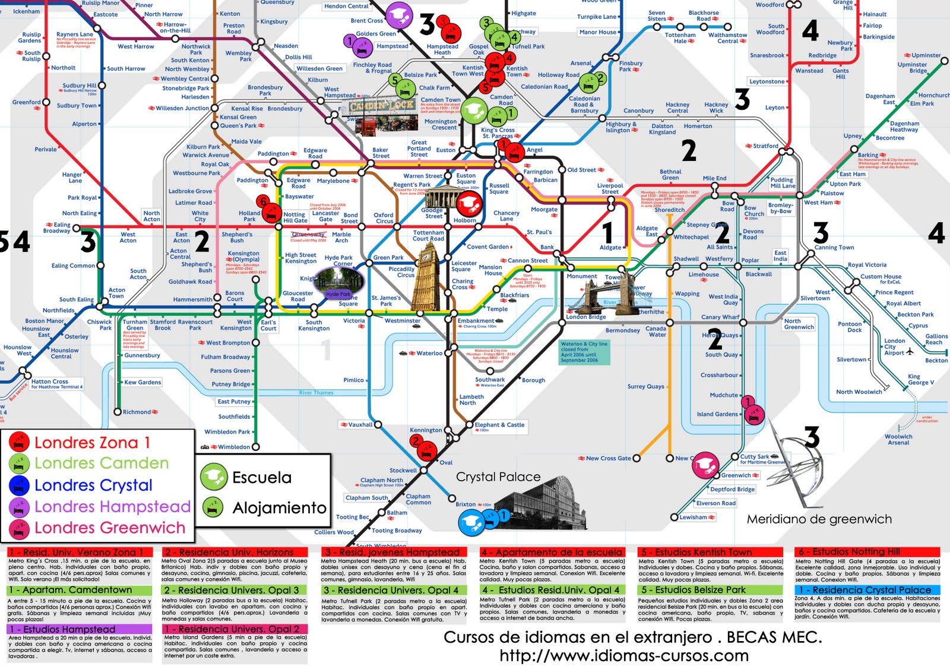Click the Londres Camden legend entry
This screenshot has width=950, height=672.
[x=101, y=463]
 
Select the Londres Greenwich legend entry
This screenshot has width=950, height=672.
[x=109, y=528]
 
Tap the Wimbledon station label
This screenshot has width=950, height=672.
[x=233, y=447]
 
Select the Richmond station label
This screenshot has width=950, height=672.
[x=137, y=412]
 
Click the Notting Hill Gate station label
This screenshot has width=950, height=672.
[x=295, y=217]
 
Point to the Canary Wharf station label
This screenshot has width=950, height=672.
[x=720, y=317]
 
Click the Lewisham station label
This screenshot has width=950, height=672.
[x=693, y=517]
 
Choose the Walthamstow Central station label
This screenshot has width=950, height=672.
[x=727, y=38]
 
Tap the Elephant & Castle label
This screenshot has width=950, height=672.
[x=499, y=425]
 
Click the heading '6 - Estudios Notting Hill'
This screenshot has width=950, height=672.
[x=867, y=552]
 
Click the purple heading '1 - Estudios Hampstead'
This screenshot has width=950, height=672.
[x=69, y=629]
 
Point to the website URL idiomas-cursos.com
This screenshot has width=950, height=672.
[x=623, y=656]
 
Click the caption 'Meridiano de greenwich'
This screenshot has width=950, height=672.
[x=819, y=519]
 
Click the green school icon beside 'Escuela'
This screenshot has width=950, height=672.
[x=213, y=477]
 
